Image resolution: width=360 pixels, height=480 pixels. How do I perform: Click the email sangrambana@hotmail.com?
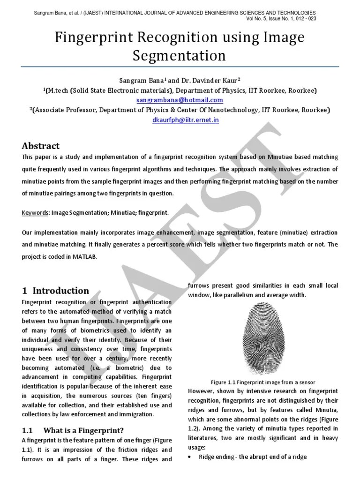(180, 100)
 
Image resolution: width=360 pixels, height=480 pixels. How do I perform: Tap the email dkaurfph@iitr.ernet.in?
(180, 120)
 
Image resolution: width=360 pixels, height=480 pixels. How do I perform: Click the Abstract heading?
(41, 146)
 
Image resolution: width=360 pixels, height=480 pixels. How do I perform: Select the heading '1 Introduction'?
(56, 290)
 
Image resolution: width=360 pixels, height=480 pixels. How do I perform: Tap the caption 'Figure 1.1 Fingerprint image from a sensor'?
(262, 382)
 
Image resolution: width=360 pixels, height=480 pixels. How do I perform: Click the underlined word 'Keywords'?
(36, 213)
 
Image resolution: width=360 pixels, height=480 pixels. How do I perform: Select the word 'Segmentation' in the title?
(180, 56)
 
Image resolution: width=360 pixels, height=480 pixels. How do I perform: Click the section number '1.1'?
(28, 430)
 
